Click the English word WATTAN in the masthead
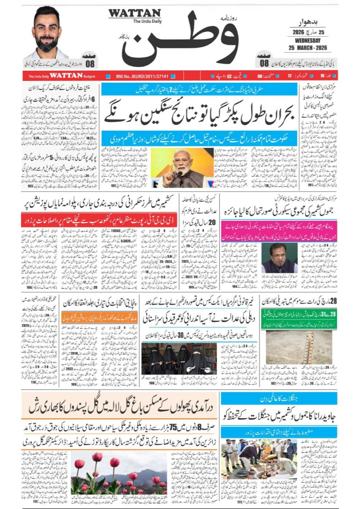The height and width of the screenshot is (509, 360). (x=134, y=13)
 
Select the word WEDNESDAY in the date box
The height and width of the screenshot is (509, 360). (x=308, y=40)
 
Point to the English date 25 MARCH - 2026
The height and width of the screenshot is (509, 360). (x=308, y=48)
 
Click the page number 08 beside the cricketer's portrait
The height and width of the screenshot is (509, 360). (x=90, y=63)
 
